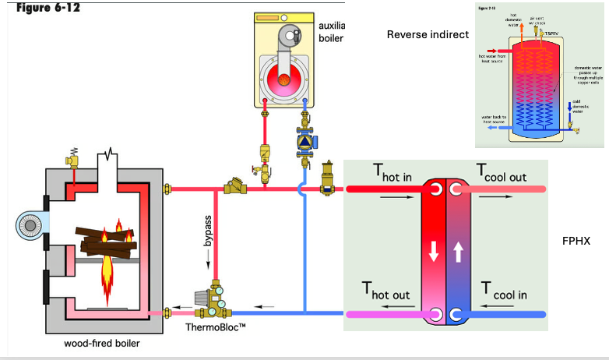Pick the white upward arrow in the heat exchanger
point(457,251)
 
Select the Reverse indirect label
point(428,34)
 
